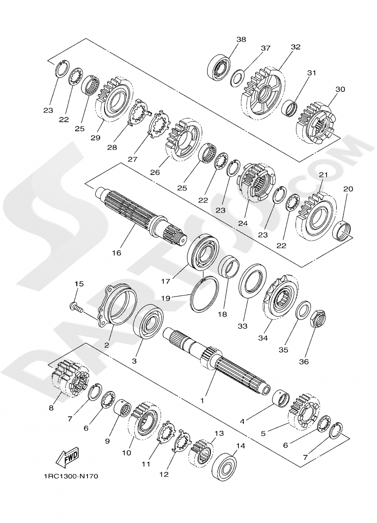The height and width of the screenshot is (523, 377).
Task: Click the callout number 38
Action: (x=241, y=40)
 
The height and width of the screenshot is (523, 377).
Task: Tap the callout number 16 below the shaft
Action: (x=116, y=253)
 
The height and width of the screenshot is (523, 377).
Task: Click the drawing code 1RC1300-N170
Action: (x=71, y=476)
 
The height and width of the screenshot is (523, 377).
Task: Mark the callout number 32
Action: (x=296, y=47)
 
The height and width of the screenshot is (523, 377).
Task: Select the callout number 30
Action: (x=340, y=89)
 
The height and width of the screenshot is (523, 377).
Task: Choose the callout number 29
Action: (x=95, y=138)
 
